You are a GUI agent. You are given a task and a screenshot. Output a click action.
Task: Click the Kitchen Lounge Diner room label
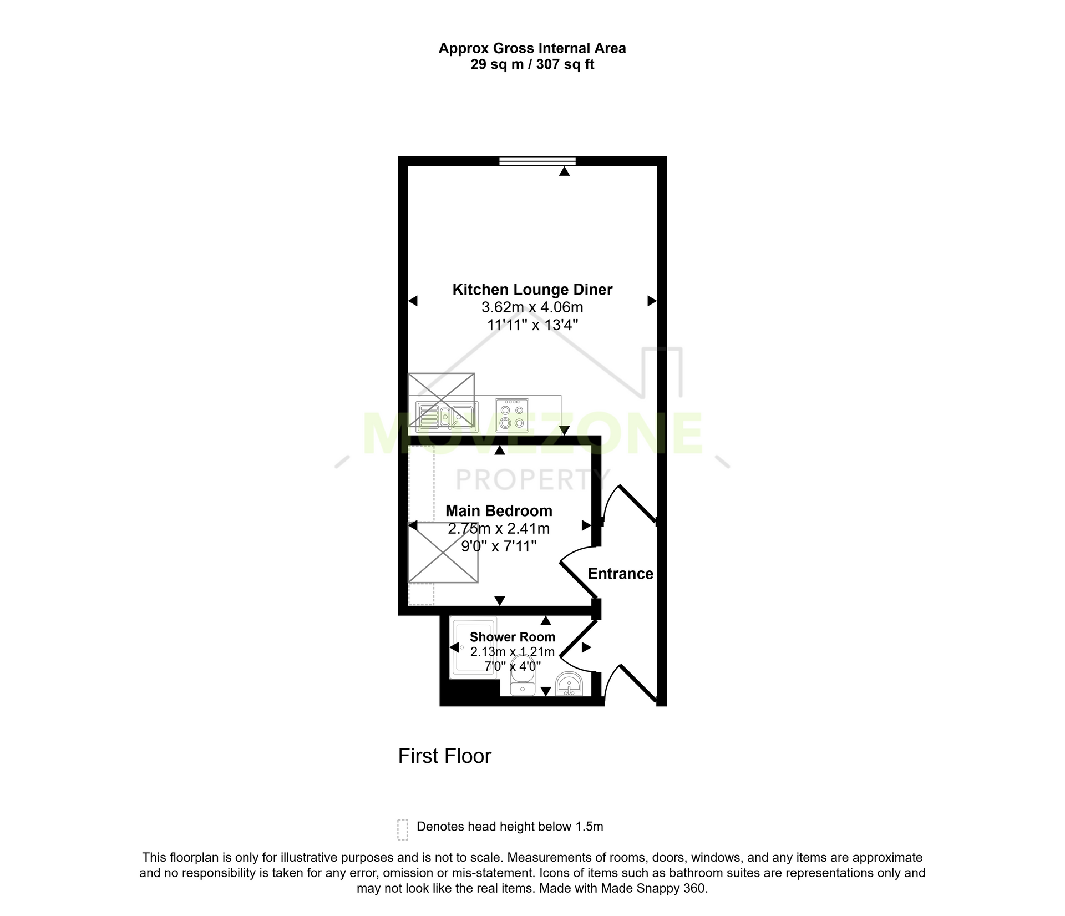coord(532,290)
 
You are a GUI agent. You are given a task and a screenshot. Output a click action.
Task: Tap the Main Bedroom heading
coord(499,510)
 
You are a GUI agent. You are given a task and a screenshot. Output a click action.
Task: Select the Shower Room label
coord(512,637)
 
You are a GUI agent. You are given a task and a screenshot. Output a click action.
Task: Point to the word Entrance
coord(620,574)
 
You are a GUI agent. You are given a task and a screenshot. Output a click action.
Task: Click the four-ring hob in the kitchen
coord(512,415)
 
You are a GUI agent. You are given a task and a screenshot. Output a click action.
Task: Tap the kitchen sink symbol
coord(447,416)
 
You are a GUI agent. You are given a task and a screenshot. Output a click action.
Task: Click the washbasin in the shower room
coord(569,684)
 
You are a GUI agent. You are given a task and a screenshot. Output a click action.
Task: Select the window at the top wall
coord(537,161)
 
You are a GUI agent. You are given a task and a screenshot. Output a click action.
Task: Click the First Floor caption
coord(445,756)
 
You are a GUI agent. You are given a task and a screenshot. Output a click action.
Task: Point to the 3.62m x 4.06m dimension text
coord(532,307)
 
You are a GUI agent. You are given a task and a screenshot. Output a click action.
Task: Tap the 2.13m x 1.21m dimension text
coord(512,652)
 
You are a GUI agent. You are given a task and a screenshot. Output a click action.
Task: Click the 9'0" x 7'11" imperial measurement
coord(499,546)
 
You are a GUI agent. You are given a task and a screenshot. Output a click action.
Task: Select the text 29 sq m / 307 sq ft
coord(532,65)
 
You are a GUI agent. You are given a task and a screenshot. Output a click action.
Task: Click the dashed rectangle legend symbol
coord(403,830)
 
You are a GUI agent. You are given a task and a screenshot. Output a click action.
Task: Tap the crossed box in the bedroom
coord(443,553)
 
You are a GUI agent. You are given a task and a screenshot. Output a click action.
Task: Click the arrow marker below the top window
coord(564,172)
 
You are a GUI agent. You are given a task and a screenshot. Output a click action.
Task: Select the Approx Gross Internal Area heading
coord(532,49)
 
